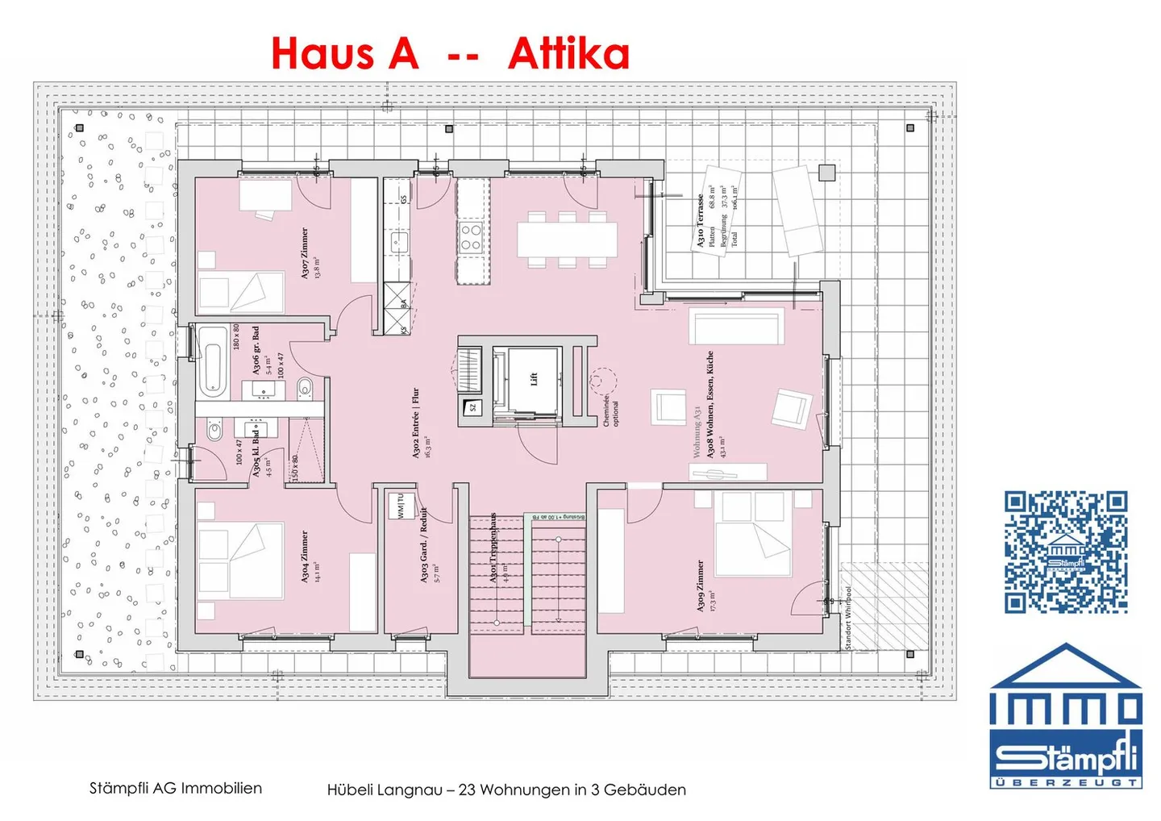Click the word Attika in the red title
point(568,53)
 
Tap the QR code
point(1065,552)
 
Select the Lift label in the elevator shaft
point(533,378)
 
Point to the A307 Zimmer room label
point(305,253)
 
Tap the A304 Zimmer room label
point(305,556)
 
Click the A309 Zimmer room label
point(700,586)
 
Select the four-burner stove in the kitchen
point(471,237)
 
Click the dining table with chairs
point(567,240)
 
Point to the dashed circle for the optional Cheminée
point(601,380)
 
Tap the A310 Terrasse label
point(701,219)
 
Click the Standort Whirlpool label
point(848,618)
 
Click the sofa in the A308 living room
point(736,327)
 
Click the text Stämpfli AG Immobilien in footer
point(175,788)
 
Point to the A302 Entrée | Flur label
point(416,423)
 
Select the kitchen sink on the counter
point(399,240)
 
